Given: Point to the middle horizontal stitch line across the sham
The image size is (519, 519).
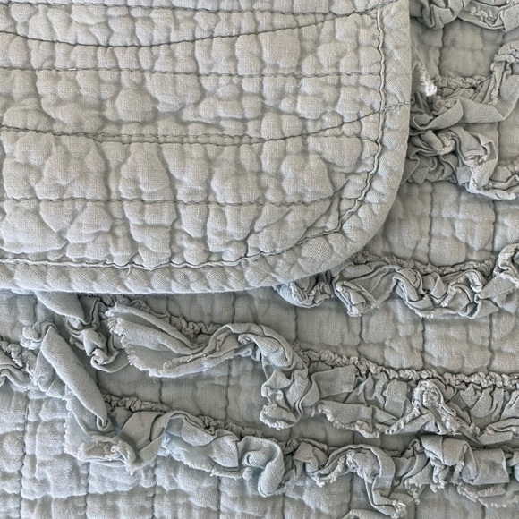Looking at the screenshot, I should click(179, 143).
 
